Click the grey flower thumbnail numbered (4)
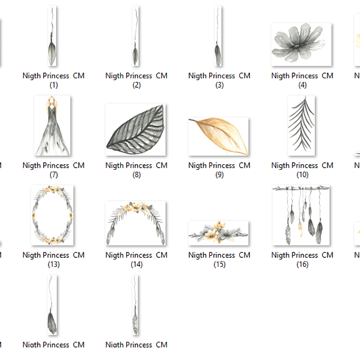pos(301,44)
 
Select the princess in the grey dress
pos(52,126)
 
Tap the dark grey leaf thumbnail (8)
pos(136,130)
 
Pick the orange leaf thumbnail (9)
pos(218,136)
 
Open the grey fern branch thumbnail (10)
pos(301,126)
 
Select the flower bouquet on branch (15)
pos(218,233)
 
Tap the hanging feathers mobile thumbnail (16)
pos(301,215)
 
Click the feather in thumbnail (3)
pos(218,54)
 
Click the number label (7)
pos(54,175)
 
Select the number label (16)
pos(302,264)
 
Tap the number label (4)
pos(302,85)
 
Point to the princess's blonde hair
pos(52,103)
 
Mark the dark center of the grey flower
pos(296,46)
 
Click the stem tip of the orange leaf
pos(189,119)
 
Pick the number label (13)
pos(54,264)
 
